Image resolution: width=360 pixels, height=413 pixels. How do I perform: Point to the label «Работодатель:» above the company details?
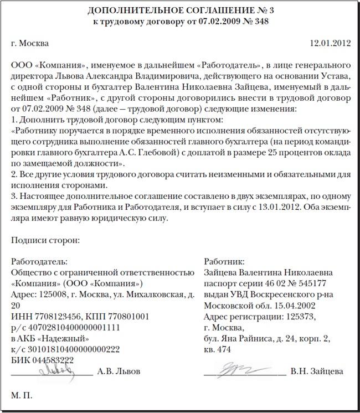pyautogui.click(x=39, y=261)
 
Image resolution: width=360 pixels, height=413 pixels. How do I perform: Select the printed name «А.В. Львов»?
pyautogui.click(x=119, y=371)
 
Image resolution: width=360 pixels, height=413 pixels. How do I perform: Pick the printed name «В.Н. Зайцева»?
pyautogui.click(x=317, y=371)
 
